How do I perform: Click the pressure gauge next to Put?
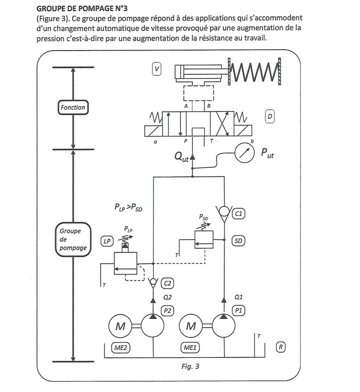(x=244, y=154)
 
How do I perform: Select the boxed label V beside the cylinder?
(x=156, y=69)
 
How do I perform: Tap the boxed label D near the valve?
(x=270, y=116)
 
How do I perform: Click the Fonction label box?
(x=73, y=108)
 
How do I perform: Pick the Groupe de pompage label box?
(x=73, y=239)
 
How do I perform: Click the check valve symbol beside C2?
(x=153, y=283)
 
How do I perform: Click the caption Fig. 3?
(x=190, y=366)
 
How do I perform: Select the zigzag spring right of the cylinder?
(x=254, y=72)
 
